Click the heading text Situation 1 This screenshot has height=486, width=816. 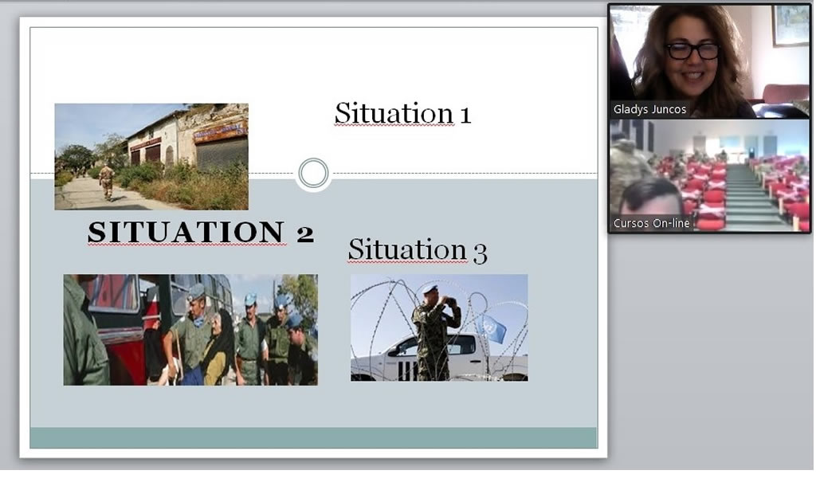pyautogui.click(x=402, y=113)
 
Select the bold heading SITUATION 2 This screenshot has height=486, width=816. pyautogui.click(x=201, y=232)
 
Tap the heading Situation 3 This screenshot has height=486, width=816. pyautogui.click(x=418, y=249)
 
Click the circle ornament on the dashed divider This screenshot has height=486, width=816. pyautogui.click(x=313, y=173)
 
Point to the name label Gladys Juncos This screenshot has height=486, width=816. pyautogui.click(x=649, y=109)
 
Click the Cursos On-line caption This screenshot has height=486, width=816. pyautogui.click(x=651, y=223)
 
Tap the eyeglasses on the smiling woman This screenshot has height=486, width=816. pyautogui.click(x=692, y=51)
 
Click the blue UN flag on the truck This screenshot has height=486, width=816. pyautogui.click(x=491, y=327)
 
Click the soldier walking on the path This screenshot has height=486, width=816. pyautogui.click(x=107, y=182)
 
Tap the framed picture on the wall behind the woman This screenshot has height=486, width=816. pyautogui.click(x=790, y=25)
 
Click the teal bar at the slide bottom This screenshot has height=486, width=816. pyautogui.click(x=313, y=437)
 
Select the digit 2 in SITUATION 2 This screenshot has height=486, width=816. pyautogui.click(x=305, y=233)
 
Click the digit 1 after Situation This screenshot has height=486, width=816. pyautogui.click(x=465, y=115)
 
